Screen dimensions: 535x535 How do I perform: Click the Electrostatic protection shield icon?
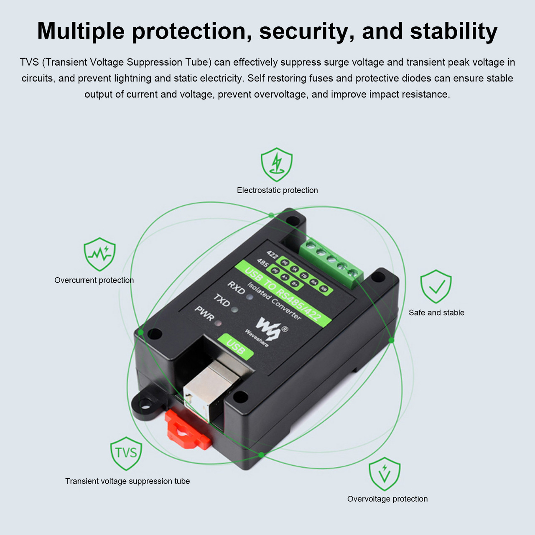pyautogui.click(x=277, y=164)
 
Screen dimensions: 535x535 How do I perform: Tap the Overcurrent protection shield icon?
pyautogui.click(x=99, y=254)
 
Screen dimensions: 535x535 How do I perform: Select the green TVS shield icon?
pyautogui.click(x=126, y=453)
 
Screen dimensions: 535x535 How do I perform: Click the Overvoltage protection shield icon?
pyautogui.click(x=385, y=474)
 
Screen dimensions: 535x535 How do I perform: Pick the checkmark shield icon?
pyautogui.click(x=436, y=286)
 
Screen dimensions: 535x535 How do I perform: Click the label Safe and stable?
pyautogui.click(x=436, y=313)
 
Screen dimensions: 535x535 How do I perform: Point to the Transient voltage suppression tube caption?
pyautogui.click(x=127, y=481)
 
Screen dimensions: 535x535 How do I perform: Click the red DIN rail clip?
pyautogui.click(x=186, y=431)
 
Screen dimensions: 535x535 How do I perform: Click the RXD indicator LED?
pyautogui.click(x=250, y=297)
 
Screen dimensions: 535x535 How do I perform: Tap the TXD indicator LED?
pyautogui.click(x=234, y=310)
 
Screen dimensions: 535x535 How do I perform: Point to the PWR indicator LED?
pyautogui.click(x=218, y=323)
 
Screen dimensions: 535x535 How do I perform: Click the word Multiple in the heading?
pyautogui.click(x=81, y=31)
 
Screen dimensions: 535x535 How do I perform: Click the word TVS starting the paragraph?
pyautogui.click(x=29, y=62)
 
